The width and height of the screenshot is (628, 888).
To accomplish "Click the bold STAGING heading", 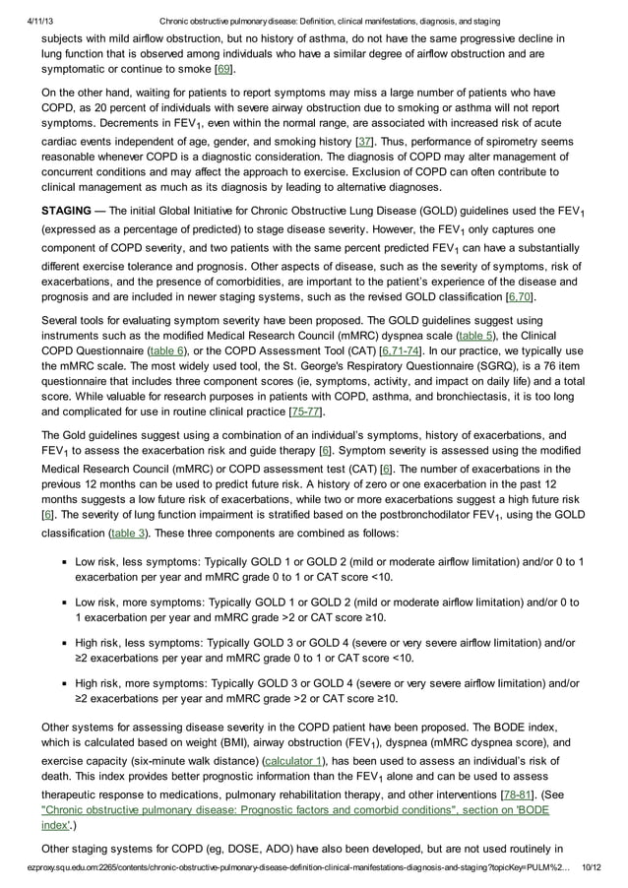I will point(69,211).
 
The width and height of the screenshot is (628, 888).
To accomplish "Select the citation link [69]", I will point(224,70).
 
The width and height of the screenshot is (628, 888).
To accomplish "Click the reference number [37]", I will point(363,142).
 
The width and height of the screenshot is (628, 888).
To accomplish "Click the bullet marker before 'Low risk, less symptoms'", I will point(61,562).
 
